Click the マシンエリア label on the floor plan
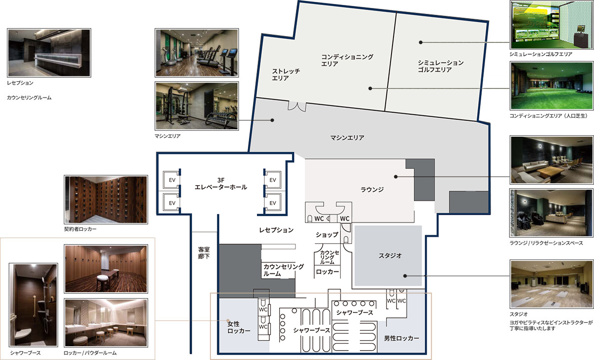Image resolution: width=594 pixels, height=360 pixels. (347, 138)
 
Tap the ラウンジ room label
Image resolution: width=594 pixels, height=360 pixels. (372, 190)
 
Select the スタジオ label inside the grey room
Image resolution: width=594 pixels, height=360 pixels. (390, 256)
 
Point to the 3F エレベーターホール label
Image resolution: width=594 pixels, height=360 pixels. (221, 184)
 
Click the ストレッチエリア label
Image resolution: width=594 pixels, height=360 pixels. (286, 75)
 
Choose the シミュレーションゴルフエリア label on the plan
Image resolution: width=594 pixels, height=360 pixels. (441, 66)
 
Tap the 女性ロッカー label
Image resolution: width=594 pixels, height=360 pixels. (239, 327)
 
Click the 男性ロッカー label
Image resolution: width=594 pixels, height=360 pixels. (401, 338)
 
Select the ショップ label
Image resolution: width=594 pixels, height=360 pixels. (327, 235)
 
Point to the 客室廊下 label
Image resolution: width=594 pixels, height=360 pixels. (203, 253)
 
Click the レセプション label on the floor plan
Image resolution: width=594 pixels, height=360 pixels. (276, 230)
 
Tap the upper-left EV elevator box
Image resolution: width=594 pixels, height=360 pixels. (172, 180)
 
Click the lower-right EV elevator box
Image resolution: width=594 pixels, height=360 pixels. (273, 203)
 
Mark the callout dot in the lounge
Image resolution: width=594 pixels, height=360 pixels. (396, 177)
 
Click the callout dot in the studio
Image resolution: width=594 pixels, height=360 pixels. (405, 276)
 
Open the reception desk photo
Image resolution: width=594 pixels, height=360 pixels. (49, 53)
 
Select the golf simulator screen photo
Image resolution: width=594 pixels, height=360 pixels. (551, 25)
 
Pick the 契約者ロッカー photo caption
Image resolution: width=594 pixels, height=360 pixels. (80, 229)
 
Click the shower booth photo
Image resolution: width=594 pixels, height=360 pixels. (34, 305)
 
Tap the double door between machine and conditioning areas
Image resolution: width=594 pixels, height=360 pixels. (297, 106)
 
